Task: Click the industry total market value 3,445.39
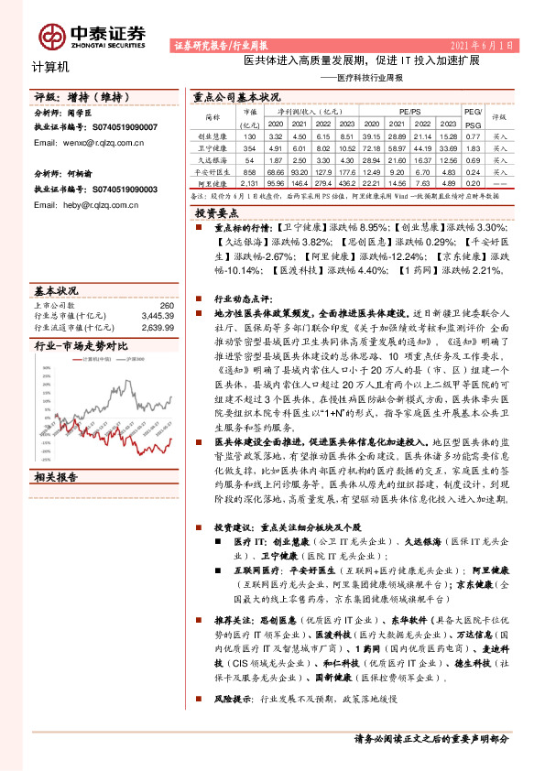click(x=157, y=315)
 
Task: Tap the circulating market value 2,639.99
click(x=157, y=325)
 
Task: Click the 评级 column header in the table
click(x=498, y=116)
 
